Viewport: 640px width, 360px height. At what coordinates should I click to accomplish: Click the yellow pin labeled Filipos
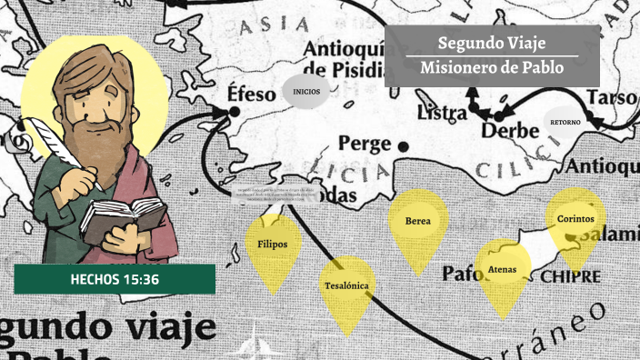[x=273, y=245]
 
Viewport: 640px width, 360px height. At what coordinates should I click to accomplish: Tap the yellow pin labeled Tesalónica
[x=346, y=286]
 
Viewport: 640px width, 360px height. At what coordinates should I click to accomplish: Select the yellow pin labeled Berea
[x=418, y=222]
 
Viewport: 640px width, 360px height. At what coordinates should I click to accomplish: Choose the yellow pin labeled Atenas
[x=503, y=270]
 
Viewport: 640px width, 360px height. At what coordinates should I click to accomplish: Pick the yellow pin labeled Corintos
[x=575, y=220]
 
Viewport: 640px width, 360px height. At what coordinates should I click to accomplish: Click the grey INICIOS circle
[x=305, y=92]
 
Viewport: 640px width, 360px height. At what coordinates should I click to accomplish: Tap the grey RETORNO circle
[x=565, y=122]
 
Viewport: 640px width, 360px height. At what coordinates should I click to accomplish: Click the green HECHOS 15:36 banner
[x=115, y=279]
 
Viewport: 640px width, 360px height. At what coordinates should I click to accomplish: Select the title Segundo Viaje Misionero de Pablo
[x=492, y=55]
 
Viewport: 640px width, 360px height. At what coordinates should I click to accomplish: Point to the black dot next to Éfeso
[x=234, y=111]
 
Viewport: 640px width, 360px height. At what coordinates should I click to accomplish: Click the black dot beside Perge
[x=403, y=144]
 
